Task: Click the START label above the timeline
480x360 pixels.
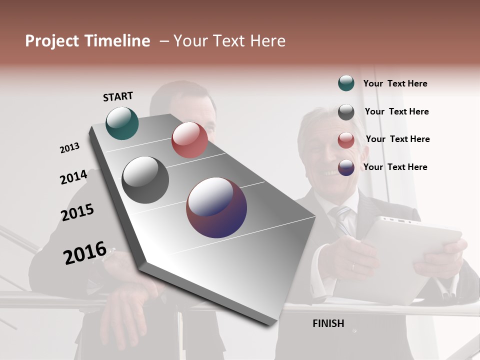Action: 118,96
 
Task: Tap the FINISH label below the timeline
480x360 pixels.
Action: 328,323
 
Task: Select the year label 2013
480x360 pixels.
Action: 69,148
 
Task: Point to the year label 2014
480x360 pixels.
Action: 73,177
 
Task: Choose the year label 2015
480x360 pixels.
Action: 77,212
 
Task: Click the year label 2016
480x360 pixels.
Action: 85,253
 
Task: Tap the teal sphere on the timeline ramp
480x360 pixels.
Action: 122,123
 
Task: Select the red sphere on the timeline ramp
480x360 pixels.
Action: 189,140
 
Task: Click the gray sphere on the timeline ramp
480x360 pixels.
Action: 145,179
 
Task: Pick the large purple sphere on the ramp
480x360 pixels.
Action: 216,207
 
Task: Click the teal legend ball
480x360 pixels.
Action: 346,83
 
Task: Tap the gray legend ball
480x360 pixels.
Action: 346,112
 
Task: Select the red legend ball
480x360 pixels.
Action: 346,140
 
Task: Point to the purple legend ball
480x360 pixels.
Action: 346,167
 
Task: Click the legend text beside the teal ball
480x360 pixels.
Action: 395,83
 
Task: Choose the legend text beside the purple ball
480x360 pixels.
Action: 395,167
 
